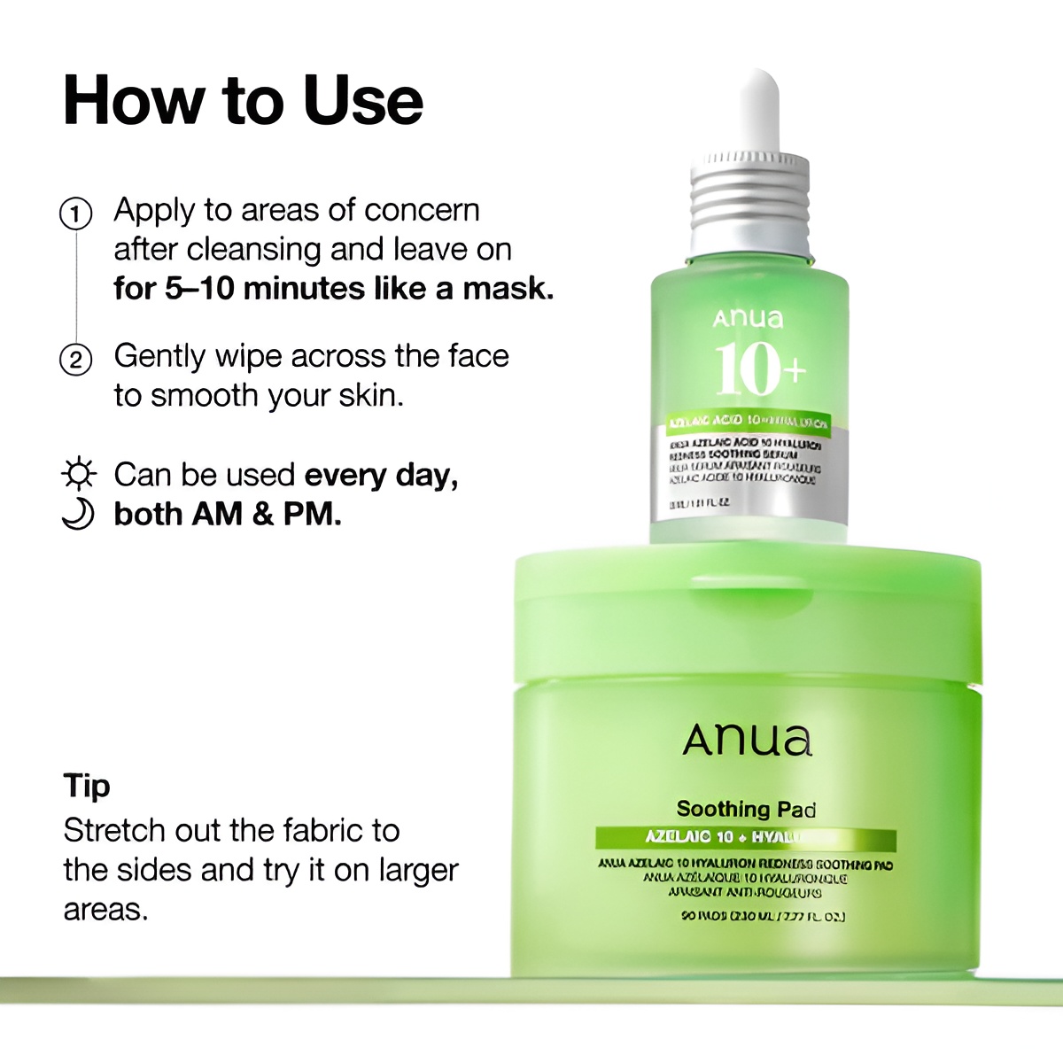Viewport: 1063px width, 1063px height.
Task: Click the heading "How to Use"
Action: click(x=244, y=100)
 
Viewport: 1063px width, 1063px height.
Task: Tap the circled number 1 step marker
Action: click(x=76, y=214)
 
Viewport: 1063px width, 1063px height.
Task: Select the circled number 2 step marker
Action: click(x=76, y=361)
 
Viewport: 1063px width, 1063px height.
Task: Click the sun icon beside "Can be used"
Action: click(x=79, y=475)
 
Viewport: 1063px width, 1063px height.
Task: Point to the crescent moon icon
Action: click(x=78, y=514)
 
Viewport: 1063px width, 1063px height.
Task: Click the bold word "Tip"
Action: click(x=87, y=786)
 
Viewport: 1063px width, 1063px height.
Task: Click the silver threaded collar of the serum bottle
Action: click(x=749, y=204)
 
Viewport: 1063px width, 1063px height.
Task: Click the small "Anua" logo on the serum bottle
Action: click(x=749, y=318)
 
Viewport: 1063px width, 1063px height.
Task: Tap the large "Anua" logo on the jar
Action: click(x=748, y=740)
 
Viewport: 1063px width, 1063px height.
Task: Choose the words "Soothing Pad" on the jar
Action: click(x=746, y=809)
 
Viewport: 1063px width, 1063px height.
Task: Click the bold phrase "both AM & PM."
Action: click(x=228, y=515)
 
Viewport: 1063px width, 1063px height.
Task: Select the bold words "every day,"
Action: click(x=381, y=476)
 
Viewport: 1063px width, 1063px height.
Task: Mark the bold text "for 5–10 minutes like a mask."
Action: click(x=333, y=289)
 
